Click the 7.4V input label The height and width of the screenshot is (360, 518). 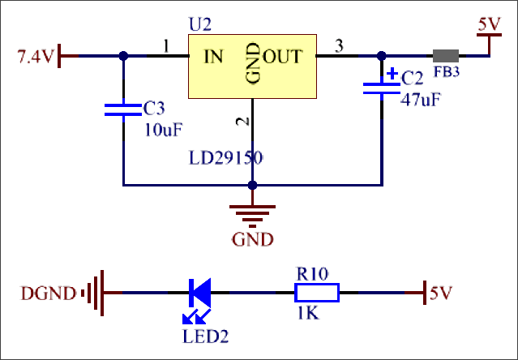click(x=36, y=57)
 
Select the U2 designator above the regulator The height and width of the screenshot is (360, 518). click(x=199, y=25)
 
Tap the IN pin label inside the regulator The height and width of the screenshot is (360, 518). click(x=213, y=57)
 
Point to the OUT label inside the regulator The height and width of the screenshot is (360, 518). click(x=282, y=57)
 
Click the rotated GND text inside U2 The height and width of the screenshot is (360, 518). click(x=251, y=64)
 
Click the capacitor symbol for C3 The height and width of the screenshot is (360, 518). click(x=123, y=109)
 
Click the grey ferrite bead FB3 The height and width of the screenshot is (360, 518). click(x=445, y=57)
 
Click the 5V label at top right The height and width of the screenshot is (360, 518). click(x=490, y=25)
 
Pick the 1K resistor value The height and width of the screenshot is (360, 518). click(x=309, y=314)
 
